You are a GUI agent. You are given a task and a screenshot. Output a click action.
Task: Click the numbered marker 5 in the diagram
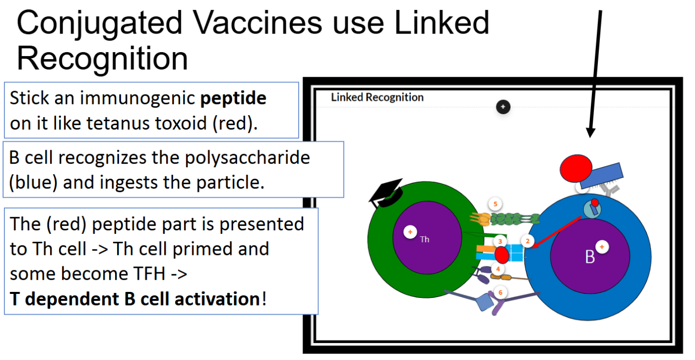(495, 204)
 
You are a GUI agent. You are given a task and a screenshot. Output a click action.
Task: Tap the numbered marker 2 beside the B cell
(527, 241)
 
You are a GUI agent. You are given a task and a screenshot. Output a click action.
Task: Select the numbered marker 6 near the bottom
(500, 292)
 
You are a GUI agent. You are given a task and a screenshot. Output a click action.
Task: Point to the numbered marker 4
(498, 269)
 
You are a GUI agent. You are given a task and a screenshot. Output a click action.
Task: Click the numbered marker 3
(500, 241)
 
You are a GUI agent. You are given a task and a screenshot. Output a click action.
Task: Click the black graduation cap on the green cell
(386, 193)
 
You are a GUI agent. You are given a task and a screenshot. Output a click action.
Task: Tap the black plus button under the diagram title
(503, 107)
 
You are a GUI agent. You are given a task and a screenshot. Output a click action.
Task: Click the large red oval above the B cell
(576, 168)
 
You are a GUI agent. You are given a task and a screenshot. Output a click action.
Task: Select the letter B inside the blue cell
(590, 257)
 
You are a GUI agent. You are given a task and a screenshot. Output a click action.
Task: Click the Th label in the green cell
(424, 239)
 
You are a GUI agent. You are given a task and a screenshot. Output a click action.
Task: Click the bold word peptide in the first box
(233, 98)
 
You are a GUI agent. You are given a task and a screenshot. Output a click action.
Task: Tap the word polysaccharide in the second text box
(247, 158)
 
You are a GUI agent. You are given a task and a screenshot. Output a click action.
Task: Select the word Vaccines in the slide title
(257, 23)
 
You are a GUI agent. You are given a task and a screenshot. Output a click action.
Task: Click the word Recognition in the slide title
(103, 59)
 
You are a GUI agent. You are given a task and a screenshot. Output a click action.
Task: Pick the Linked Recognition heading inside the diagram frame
(377, 97)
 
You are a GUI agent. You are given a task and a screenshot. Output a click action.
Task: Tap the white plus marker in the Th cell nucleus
(410, 232)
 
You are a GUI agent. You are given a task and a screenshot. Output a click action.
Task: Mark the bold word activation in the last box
(217, 299)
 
